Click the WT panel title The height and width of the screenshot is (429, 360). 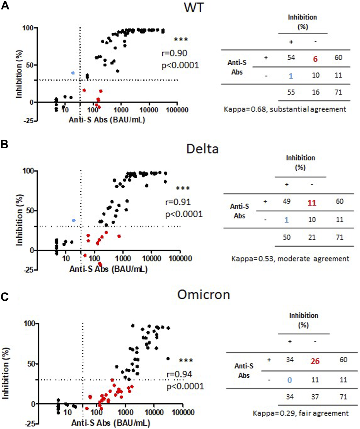(x=193, y=7)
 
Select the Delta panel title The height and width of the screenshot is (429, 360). (x=202, y=149)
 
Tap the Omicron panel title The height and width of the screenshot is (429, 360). (x=204, y=295)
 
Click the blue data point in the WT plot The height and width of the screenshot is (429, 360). (x=73, y=73)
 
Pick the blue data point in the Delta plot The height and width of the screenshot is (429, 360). (x=74, y=220)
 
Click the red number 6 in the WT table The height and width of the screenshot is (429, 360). (x=315, y=59)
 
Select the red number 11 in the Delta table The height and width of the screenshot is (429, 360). (x=312, y=203)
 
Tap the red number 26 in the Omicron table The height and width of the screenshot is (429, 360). (x=315, y=361)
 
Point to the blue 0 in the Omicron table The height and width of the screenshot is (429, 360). (x=289, y=380)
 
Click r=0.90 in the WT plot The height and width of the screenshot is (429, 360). (x=175, y=53)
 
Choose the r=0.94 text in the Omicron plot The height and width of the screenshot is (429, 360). (x=179, y=374)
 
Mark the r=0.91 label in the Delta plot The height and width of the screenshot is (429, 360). (x=178, y=202)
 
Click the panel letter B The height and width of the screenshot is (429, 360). (x=4, y=144)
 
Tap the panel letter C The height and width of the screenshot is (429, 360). (x=4, y=297)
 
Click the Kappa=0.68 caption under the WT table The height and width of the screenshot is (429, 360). (x=285, y=109)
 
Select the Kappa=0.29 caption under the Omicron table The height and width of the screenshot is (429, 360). (x=301, y=413)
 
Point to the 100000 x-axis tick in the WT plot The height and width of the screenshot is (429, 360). (x=177, y=110)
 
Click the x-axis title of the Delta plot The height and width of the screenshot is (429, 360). (x=109, y=269)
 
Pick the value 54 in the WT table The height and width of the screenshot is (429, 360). (x=291, y=58)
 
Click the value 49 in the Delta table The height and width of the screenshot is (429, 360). (x=287, y=202)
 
